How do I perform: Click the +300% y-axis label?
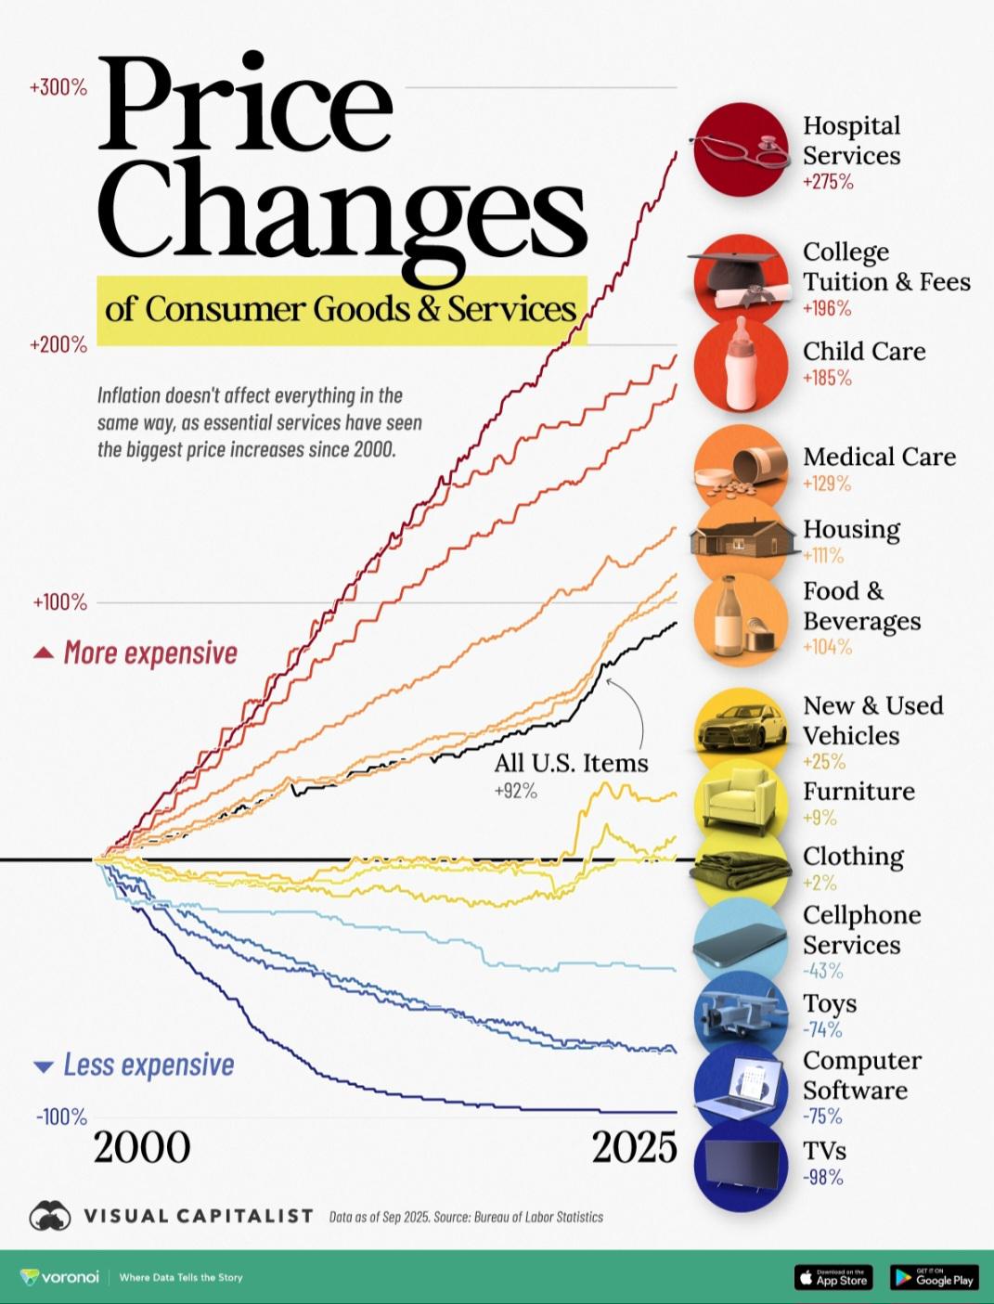[x=58, y=88]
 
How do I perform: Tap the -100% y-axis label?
[x=61, y=1117]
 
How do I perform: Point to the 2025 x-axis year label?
[x=635, y=1148]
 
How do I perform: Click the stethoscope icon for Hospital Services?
[x=740, y=148]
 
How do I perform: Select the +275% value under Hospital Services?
[x=828, y=182]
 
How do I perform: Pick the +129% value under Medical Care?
[x=826, y=484]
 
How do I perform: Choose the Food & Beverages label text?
[x=861, y=606]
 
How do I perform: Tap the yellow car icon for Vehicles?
[x=740, y=730]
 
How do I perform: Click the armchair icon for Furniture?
[x=740, y=799]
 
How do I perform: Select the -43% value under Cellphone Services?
[x=822, y=972]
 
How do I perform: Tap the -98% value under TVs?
[x=822, y=1178]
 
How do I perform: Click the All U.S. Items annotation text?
[x=571, y=764]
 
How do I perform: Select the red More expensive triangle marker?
[x=43, y=653]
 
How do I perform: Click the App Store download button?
[x=833, y=1277]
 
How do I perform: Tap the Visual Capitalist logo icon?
[x=50, y=1216]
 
